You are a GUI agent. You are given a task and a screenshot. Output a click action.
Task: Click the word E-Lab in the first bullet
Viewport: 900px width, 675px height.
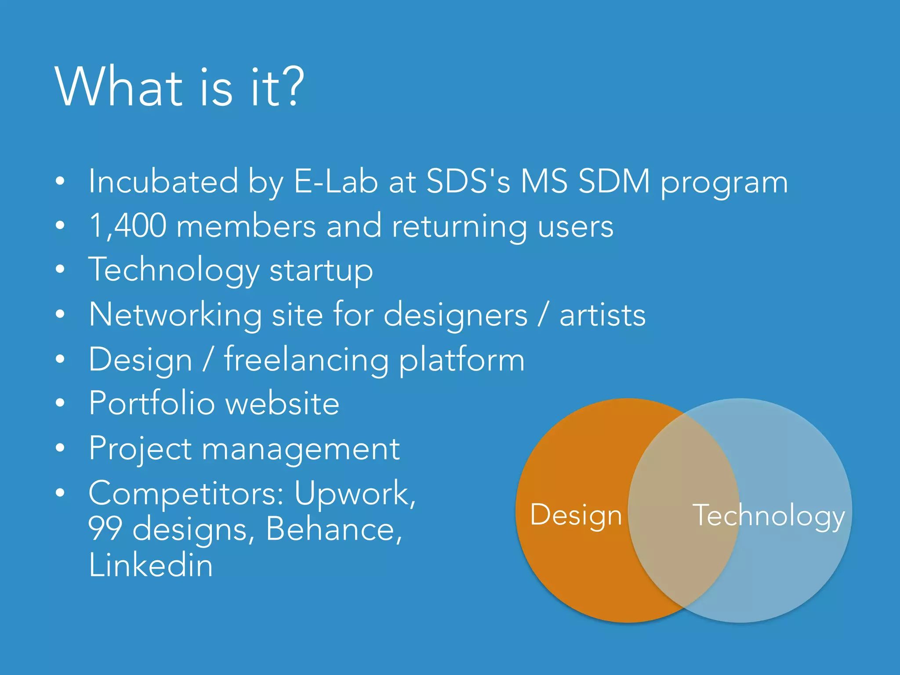pos(335,181)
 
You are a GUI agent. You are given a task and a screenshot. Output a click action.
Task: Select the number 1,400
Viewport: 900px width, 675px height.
pos(128,226)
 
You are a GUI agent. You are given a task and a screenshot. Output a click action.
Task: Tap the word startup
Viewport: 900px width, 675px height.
pos(321,270)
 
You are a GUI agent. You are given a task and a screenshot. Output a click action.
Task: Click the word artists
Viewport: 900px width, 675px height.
pos(602,315)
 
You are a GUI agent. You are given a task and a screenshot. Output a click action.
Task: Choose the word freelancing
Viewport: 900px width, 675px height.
pos(306,359)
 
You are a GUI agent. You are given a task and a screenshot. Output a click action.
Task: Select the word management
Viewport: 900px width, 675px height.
pos(301,449)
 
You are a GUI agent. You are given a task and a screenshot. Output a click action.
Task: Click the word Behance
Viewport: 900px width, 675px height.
pos(334,529)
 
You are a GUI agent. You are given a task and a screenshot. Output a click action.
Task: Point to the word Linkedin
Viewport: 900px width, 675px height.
pos(151,565)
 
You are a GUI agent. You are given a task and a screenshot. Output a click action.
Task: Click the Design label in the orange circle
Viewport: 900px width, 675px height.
pos(576,515)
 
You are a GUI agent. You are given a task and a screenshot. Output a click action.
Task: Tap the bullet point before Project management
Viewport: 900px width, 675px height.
pos(60,448)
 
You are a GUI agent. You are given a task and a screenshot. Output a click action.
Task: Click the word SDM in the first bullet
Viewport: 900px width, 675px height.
pos(613,181)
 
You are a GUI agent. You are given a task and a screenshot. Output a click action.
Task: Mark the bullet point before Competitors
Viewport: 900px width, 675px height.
pos(60,493)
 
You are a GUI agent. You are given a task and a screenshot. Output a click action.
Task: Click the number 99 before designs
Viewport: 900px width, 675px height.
pos(105,529)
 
